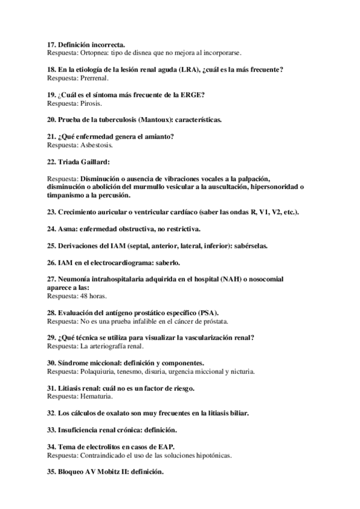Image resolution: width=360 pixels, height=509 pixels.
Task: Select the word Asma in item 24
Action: [67, 229]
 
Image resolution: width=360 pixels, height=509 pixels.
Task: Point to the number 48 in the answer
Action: [83, 296]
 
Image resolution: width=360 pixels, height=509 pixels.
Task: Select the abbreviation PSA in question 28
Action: [209, 313]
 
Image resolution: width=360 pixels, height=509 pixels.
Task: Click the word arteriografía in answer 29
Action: [104, 346]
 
